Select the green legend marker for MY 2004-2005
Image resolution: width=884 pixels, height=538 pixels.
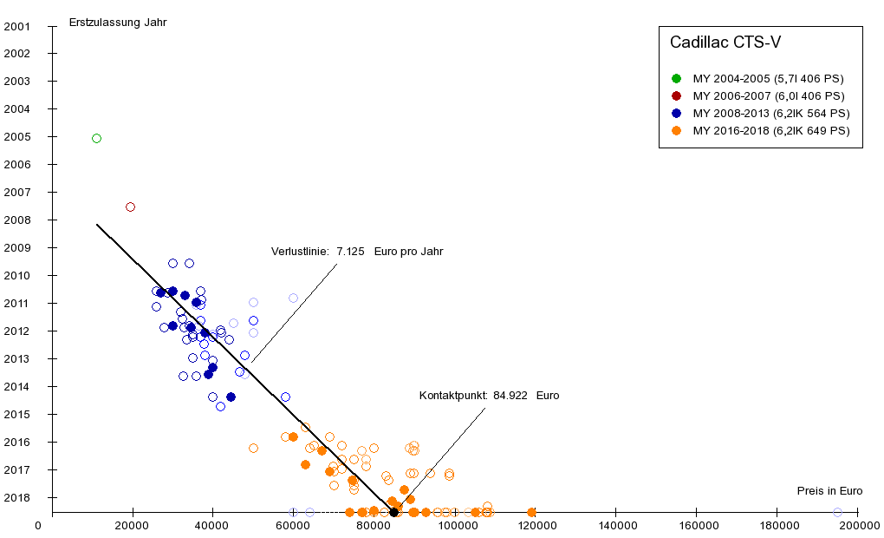click(676, 78)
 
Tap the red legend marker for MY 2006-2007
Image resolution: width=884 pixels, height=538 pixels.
click(676, 95)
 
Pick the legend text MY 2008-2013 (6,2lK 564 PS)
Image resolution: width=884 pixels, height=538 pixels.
click(771, 113)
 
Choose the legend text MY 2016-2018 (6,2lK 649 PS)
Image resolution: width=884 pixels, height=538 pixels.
click(771, 130)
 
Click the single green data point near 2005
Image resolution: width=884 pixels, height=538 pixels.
click(96, 138)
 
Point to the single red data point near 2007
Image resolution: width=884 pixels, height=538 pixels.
click(130, 207)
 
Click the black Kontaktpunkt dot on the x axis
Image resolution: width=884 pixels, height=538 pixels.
click(393, 512)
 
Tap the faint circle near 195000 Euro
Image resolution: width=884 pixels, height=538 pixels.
click(837, 512)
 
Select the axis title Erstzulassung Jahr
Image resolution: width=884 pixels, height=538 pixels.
click(118, 23)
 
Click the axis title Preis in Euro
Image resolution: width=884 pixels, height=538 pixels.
click(829, 490)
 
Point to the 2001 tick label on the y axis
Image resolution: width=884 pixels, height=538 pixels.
click(17, 26)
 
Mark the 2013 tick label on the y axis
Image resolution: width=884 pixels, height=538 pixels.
click(17, 358)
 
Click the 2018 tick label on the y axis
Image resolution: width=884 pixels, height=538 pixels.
click(17, 497)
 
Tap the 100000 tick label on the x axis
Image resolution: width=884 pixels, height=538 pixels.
click(454, 525)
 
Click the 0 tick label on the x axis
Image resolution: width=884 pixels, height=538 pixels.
click(38, 525)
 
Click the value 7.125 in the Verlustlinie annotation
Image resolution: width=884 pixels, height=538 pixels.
click(350, 252)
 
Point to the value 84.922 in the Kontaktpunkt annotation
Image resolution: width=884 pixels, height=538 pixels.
click(511, 395)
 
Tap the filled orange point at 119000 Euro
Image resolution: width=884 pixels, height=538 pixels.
click(531, 512)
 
